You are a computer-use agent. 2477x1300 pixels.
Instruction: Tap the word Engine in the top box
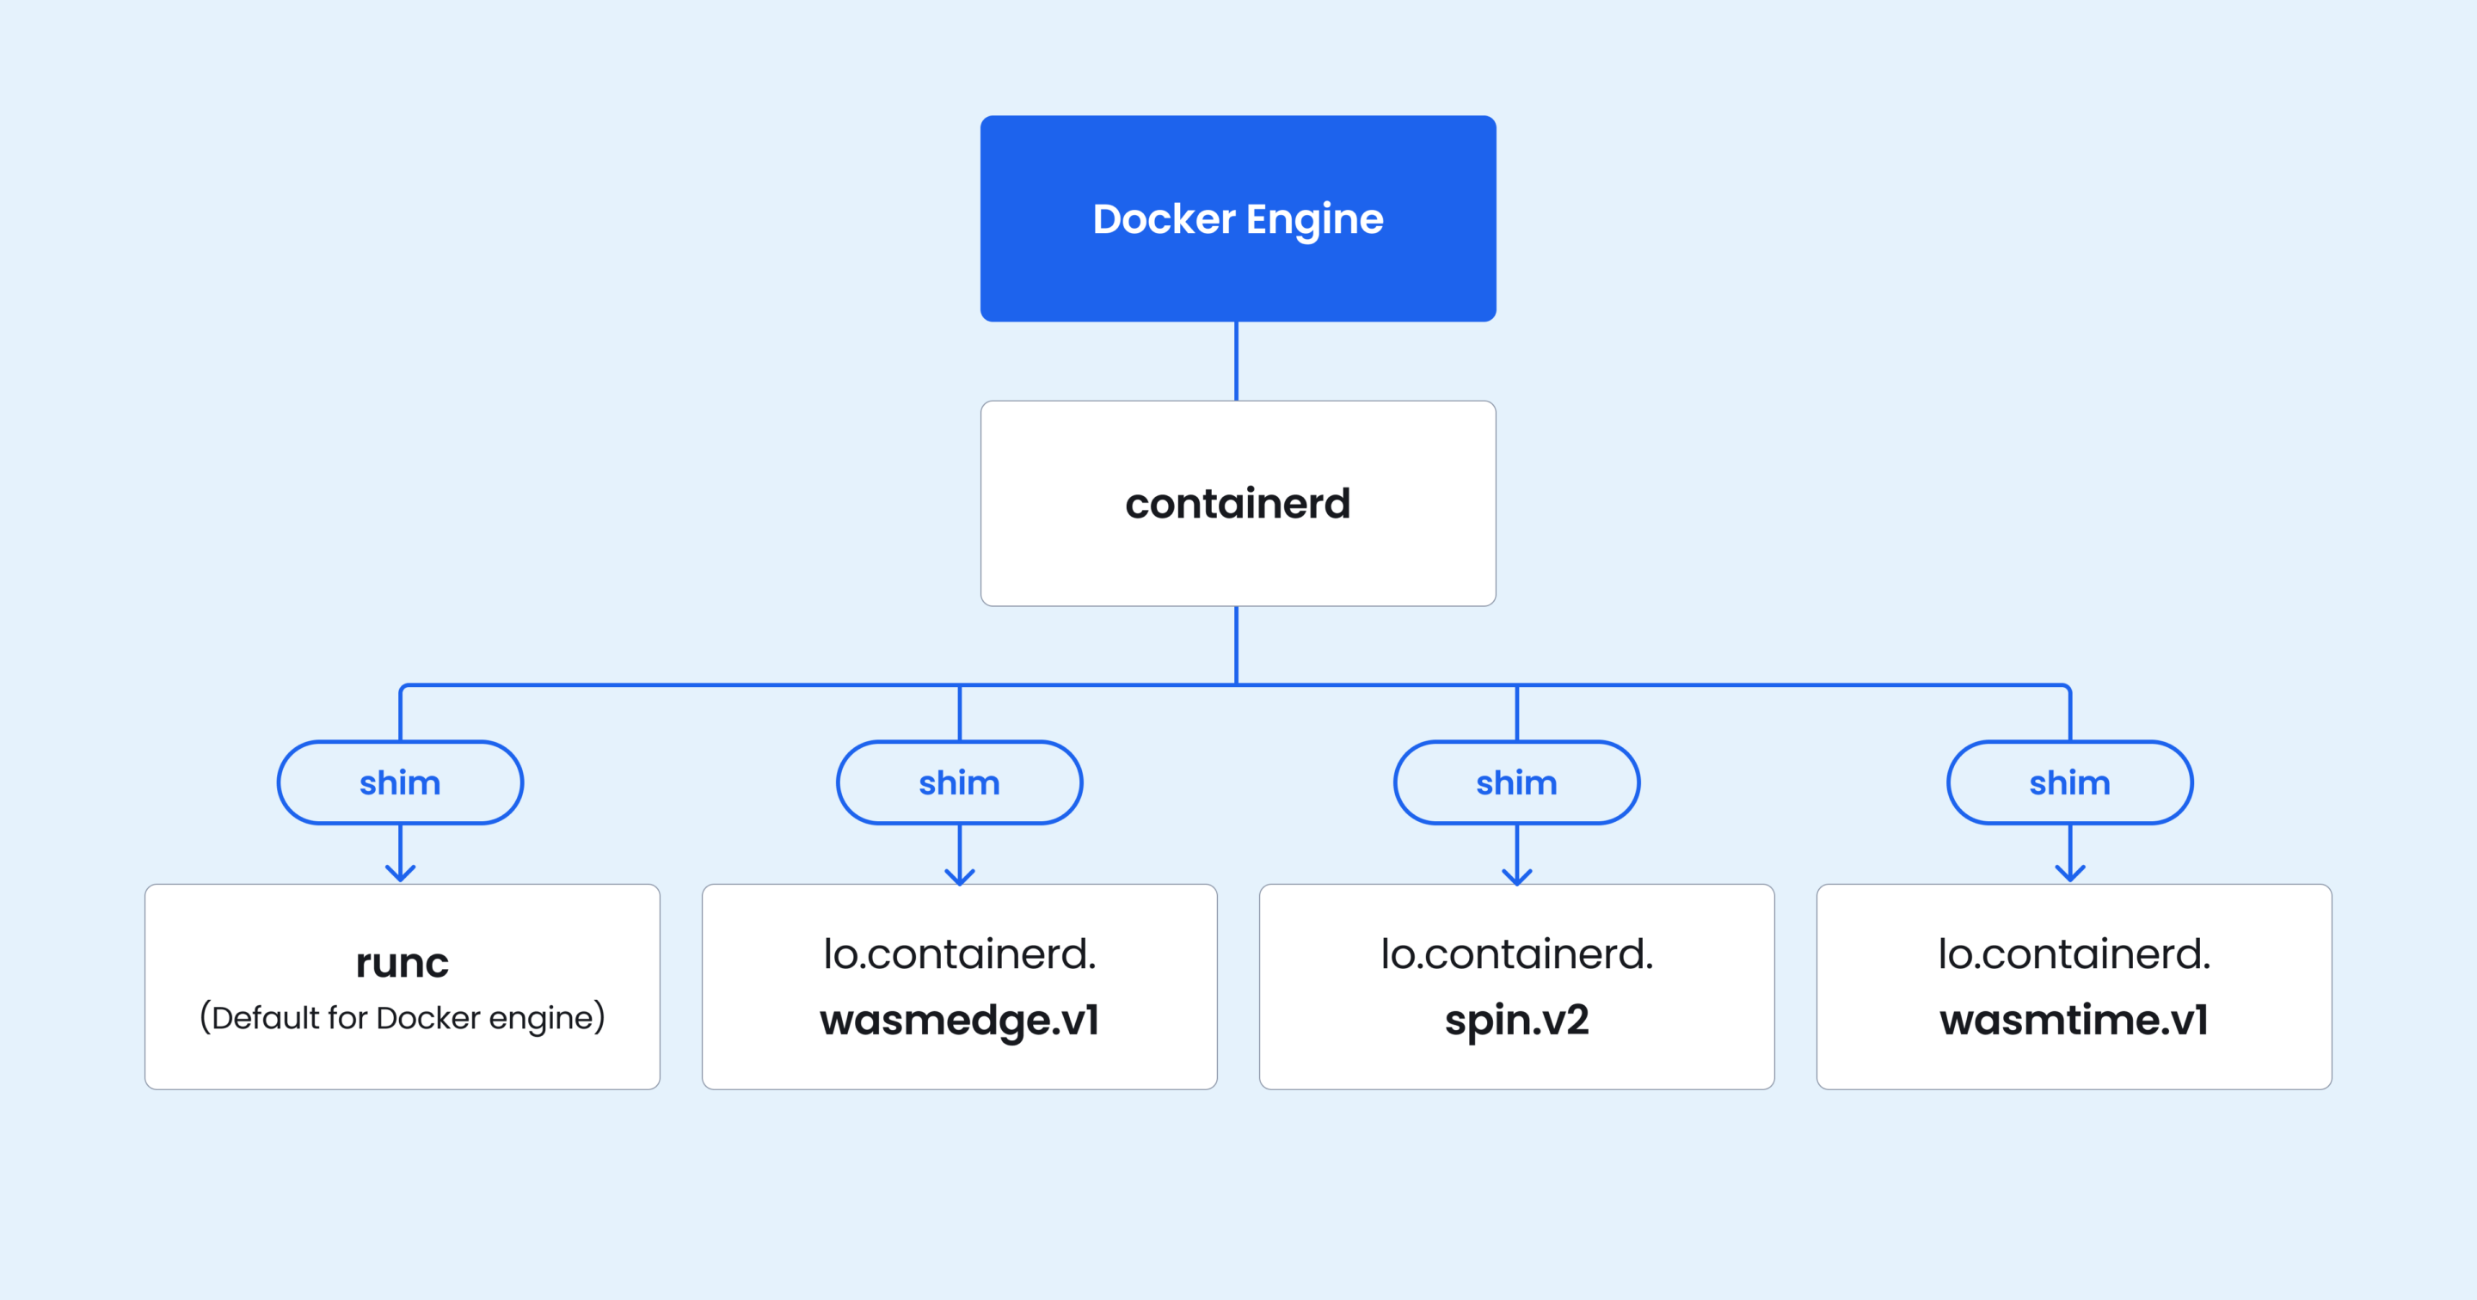1314,220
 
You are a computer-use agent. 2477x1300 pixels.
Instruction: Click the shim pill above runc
400,782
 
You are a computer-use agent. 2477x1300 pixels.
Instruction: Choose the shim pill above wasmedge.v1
959,782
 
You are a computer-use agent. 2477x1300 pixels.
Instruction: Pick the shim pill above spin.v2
1516,782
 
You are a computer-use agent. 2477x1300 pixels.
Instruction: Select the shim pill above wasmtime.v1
2069,782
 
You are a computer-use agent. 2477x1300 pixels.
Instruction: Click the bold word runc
402,962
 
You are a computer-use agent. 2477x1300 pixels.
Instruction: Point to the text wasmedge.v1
959,1021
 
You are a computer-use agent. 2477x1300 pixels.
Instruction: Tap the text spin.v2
1516,1021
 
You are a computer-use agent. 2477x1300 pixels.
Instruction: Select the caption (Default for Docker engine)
402,1017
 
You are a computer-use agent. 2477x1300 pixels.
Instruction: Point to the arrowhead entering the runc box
400,873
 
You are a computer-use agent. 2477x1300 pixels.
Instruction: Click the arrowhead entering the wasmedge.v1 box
960,875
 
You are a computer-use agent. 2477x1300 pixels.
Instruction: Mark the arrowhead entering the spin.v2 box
1516,875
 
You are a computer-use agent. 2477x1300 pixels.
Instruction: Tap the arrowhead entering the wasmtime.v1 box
2069,873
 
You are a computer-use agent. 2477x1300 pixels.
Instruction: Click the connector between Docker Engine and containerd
1237,360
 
